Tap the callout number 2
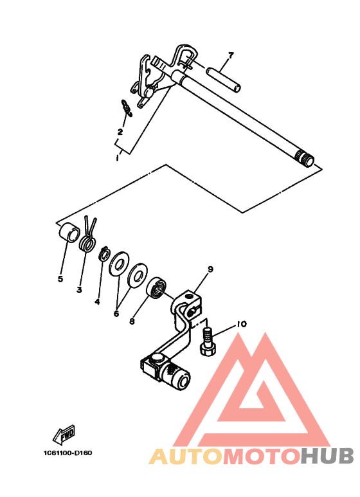click(x=120, y=132)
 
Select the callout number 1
click(x=116, y=157)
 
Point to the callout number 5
click(x=60, y=279)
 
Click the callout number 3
click(x=79, y=289)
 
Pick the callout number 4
click(x=97, y=301)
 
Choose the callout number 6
click(x=116, y=314)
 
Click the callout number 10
click(x=241, y=325)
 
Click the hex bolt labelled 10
click(x=208, y=339)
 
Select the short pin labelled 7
click(x=223, y=77)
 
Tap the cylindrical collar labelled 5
click(x=67, y=231)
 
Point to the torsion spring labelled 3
click(x=88, y=240)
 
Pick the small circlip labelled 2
click(x=126, y=108)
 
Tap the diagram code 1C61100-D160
click(x=67, y=453)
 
